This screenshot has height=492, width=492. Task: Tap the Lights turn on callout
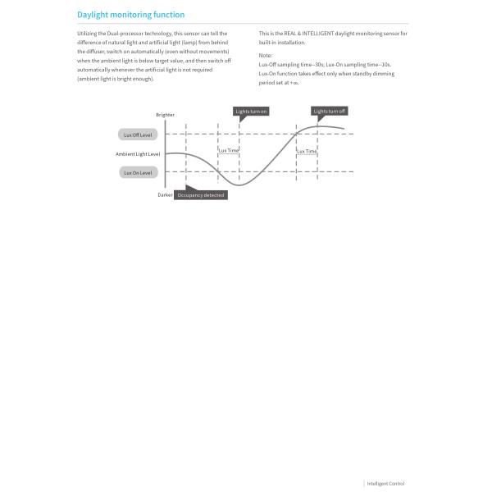(x=251, y=111)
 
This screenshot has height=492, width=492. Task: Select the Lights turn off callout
(x=330, y=111)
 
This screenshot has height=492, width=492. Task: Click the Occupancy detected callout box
(x=201, y=195)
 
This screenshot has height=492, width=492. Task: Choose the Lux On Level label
(x=138, y=172)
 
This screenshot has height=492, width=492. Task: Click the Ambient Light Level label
(x=138, y=154)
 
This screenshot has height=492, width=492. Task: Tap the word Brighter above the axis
(x=165, y=115)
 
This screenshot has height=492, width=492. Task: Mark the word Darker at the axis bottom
(x=165, y=195)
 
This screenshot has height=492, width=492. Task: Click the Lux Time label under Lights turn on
(x=228, y=151)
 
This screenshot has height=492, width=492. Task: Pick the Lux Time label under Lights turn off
(x=307, y=151)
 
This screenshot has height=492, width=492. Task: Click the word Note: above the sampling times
(x=265, y=55)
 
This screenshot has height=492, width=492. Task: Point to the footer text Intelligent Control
(x=385, y=484)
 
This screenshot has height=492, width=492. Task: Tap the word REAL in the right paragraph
(x=289, y=33)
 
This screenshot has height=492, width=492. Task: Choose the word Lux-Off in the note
(x=268, y=63)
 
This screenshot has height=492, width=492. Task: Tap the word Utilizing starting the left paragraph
(x=85, y=33)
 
